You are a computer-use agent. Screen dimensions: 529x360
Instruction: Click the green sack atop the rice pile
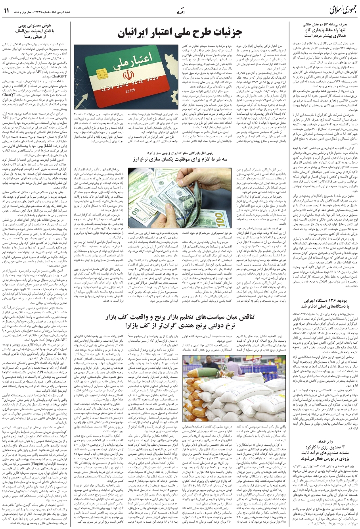(214, 365)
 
